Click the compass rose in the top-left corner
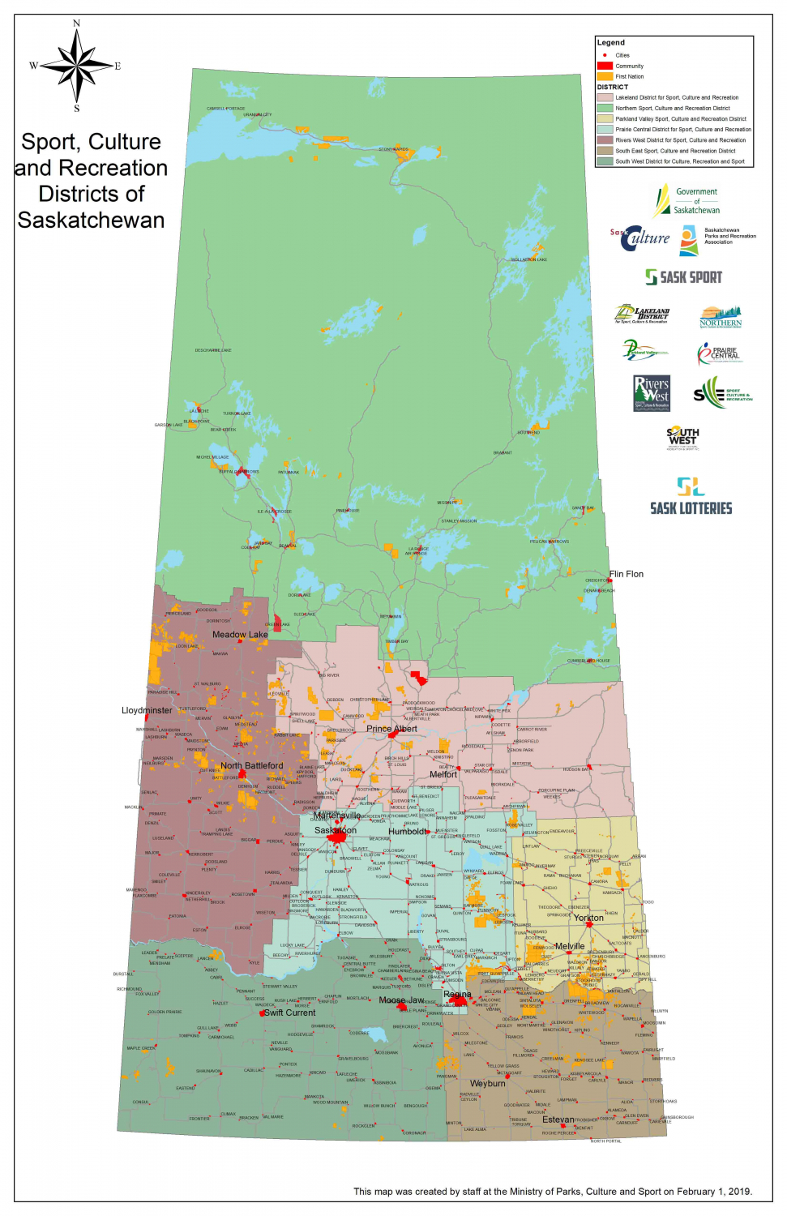[77, 65]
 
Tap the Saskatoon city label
[336, 830]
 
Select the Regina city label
[457, 994]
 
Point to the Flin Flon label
[627, 574]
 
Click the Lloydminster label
[147, 710]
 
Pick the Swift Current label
[290, 1013]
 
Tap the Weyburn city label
[487, 1083]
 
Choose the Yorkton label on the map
[588, 918]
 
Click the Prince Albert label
[391, 729]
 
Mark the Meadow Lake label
[240, 635]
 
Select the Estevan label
[558, 1120]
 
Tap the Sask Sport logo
[683, 277]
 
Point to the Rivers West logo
[652, 393]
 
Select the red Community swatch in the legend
[605, 66]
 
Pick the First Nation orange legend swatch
[605, 76]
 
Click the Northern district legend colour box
[605, 108]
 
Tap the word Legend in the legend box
[611, 42]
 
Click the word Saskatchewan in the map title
[91, 221]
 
